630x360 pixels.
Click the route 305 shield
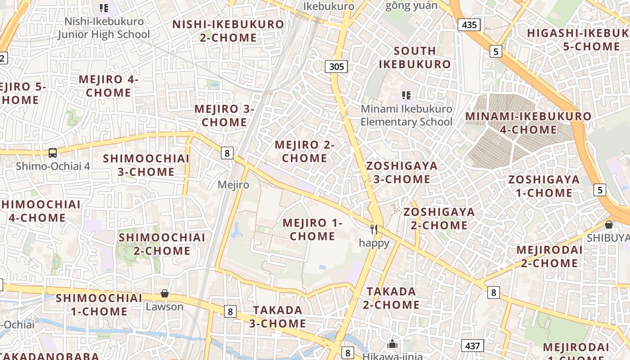tap(336, 67)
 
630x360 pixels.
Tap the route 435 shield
tap(469, 25)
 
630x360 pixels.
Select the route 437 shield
tap(472, 346)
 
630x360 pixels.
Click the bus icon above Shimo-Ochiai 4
tap(53, 153)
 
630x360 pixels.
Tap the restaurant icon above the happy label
tap(373, 230)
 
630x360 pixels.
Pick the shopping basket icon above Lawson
tap(165, 293)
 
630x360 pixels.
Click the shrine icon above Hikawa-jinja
tap(392, 344)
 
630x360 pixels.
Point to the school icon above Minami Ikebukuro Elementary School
tap(406, 95)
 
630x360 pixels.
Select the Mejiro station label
tap(233, 184)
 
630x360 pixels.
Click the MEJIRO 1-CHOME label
tap(312, 229)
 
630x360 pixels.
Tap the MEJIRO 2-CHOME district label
tap(305, 152)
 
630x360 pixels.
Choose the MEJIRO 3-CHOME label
tap(224, 116)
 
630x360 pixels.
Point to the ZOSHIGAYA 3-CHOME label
tap(401, 172)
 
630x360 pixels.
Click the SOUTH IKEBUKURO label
tap(414, 57)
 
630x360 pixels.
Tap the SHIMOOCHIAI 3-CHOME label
tap(146, 165)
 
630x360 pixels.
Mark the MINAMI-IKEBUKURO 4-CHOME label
tap(528, 123)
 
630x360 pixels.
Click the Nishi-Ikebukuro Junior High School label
tap(104, 28)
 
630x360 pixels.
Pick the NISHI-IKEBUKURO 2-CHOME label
tap(228, 31)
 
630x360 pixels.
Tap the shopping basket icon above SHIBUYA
tap(609, 224)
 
